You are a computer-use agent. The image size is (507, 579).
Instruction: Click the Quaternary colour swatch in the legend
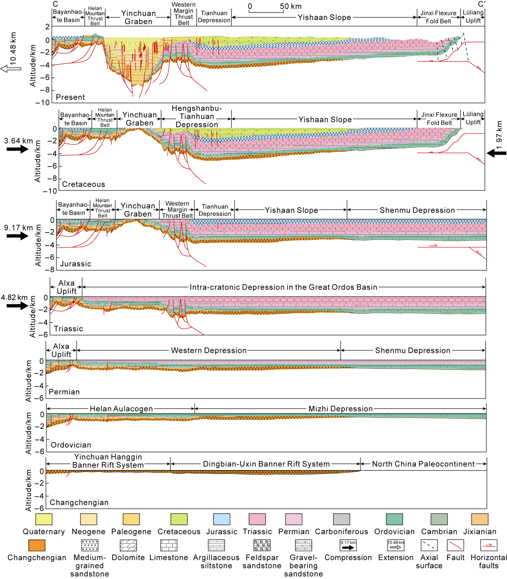point(44,519)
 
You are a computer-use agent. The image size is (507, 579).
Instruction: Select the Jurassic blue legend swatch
point(221,519)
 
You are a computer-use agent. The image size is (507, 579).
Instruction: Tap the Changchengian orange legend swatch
point(37,545)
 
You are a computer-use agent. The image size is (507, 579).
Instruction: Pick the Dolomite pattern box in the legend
point(128,545)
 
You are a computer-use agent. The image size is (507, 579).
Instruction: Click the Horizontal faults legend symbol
point(489,545)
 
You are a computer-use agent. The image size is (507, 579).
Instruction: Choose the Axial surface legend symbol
point(429,545)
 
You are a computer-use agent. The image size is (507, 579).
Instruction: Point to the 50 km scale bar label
point(291,6)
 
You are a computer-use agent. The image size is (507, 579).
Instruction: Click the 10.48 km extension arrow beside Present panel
point(11,68)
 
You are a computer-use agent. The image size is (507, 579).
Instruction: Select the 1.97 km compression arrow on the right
point(496,153)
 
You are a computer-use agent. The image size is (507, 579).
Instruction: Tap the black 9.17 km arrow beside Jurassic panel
point(18,236)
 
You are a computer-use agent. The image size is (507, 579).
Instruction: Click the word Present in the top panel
point(70,97)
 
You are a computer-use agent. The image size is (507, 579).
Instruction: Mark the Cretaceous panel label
point(83,184)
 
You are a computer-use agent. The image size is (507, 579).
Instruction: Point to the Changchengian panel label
point(79,502)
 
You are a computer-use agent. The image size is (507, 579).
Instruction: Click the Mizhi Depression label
point(340,409)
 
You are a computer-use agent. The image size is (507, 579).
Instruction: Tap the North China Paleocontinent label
point(423,464)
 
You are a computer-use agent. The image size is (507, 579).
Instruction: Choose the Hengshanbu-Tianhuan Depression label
point(197,116)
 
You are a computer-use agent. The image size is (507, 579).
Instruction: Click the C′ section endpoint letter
point(481,4)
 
